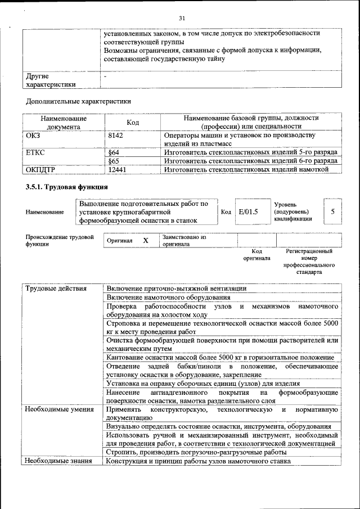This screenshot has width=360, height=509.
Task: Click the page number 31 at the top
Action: pyautogui.click(x=182, y=19)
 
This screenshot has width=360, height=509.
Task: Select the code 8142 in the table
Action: pyautogui.click(x=115, y=136)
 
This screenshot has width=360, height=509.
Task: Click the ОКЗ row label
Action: pyautogui.click(x=33, y=136)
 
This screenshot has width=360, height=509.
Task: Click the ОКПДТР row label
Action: pyautogui.click(x=41, y=169)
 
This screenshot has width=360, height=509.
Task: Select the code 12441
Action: pyautogui.click(x=117, y=169)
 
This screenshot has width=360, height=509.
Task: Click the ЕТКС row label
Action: pyautogui.click(x=35, y=152)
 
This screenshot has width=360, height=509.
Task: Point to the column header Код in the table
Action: pyautogui.click(x=133, y=123)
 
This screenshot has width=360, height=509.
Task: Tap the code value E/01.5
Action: pyautogui.click(x=248, y=212)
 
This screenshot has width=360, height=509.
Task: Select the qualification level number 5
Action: pyautogui.click(x=333, y=211)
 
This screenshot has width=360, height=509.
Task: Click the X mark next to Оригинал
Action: pyautogui.click(x=146, y=240)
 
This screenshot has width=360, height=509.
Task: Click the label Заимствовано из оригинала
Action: pyautogui.click(x=184, y=241)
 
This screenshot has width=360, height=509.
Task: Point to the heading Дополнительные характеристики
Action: pyautogui.click(x=79, y=102)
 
